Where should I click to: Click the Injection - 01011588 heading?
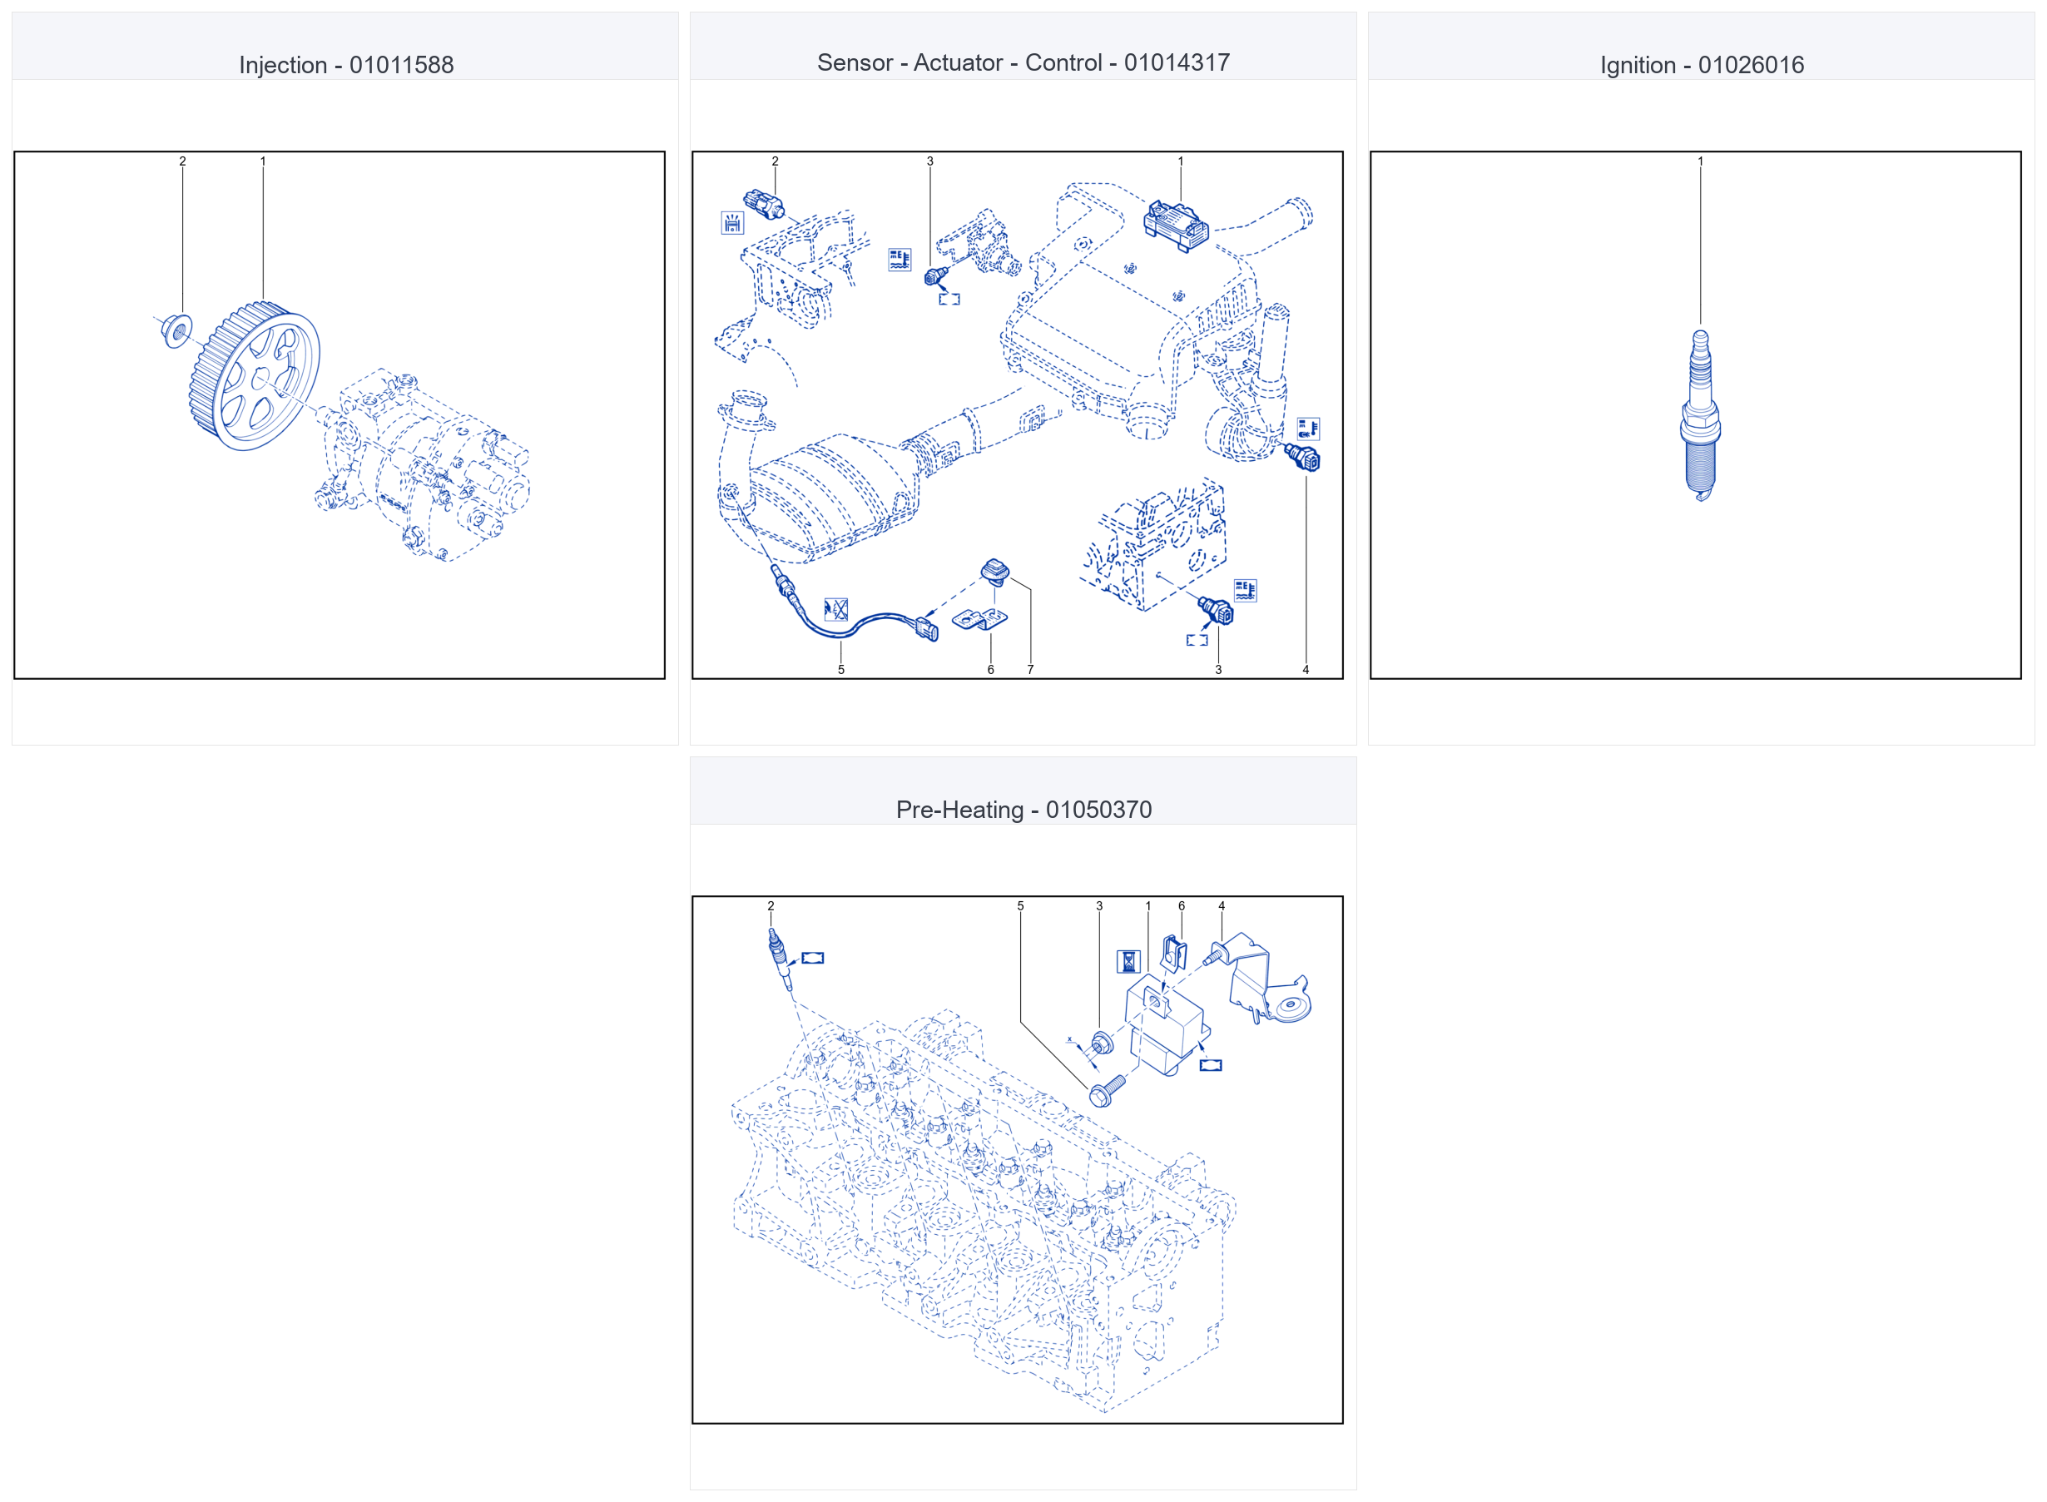point(346,66)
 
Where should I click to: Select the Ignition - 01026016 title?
point(1702,66)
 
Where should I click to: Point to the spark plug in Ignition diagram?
point(1701,415)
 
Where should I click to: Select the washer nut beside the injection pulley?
point(176,330)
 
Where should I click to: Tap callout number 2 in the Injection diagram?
point(183,161)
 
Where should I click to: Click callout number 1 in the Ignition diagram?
point(1701,161)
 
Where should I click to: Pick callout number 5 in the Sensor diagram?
point(840,670)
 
